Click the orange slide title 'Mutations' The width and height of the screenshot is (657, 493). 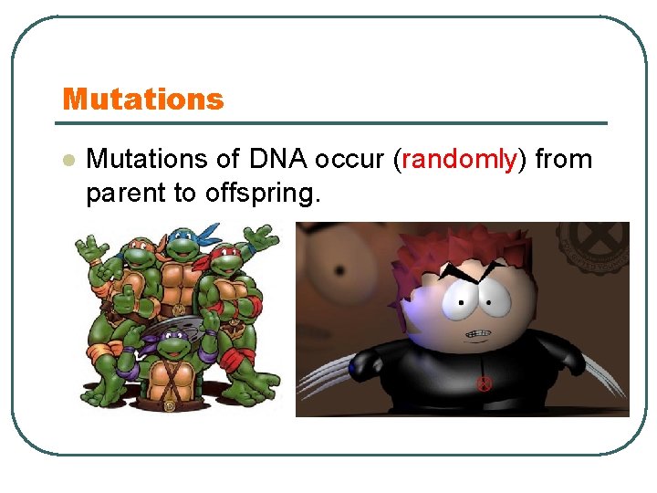[x=142, y=99]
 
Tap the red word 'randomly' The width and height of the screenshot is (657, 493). [x=459, y=160]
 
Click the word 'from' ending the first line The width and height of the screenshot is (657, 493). [x=563, y=160]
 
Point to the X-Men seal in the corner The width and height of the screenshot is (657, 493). [x=598, y=242]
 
